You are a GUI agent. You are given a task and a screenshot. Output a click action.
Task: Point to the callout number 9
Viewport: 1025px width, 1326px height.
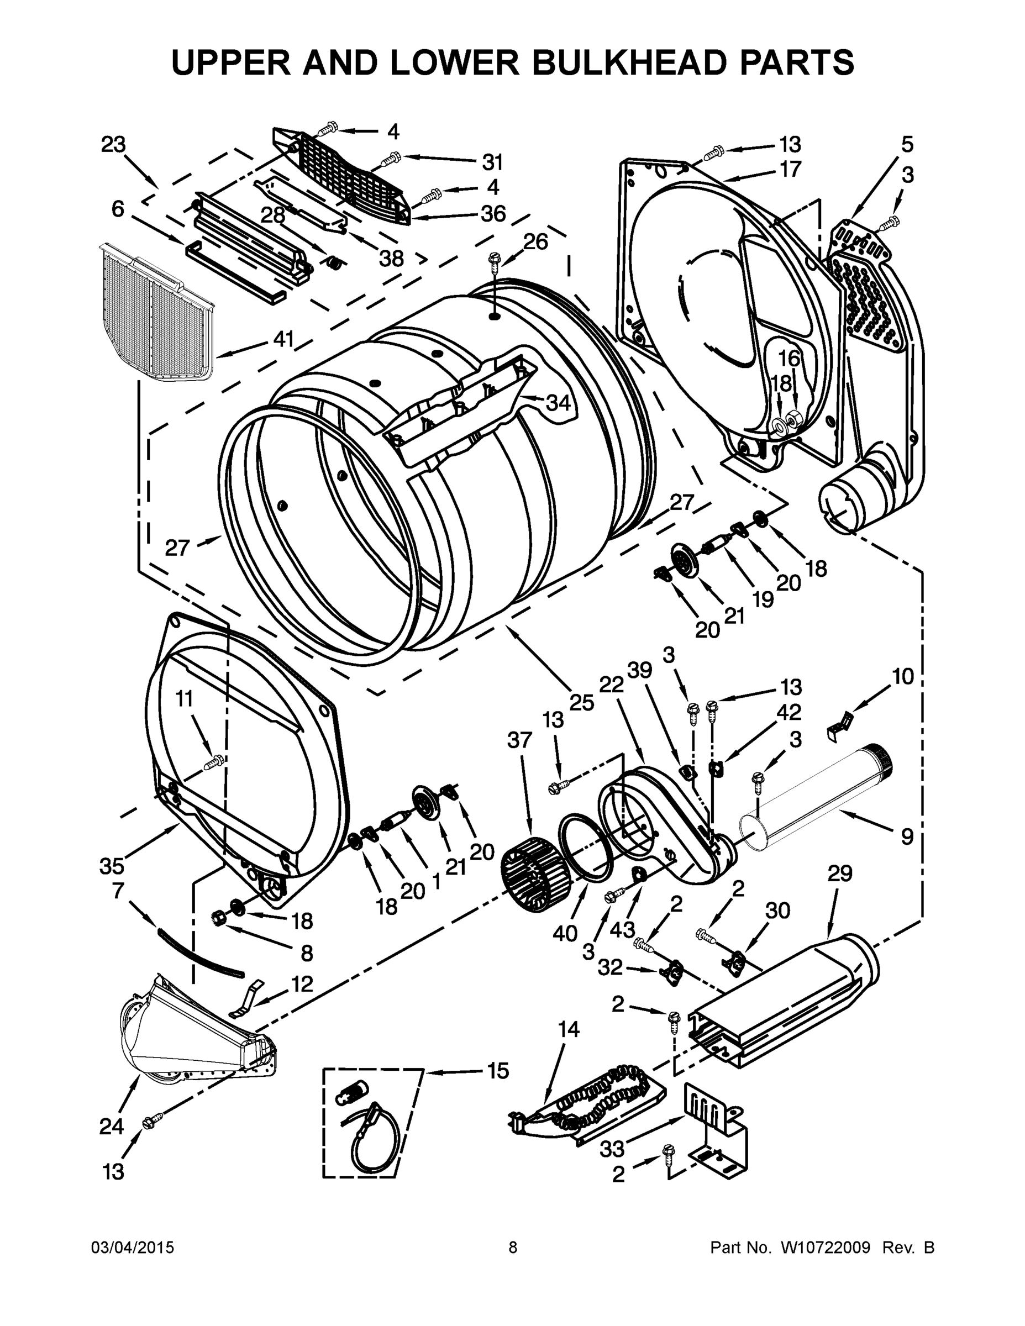point(907,836)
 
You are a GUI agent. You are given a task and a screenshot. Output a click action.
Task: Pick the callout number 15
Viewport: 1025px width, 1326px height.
point(498,1071)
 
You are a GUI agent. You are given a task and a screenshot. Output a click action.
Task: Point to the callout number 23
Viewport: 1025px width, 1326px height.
point(114,145)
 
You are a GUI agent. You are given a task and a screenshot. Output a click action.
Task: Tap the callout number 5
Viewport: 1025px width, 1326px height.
point(907,145)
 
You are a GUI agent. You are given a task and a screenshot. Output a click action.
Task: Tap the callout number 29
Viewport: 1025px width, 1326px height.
point(840,874)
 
